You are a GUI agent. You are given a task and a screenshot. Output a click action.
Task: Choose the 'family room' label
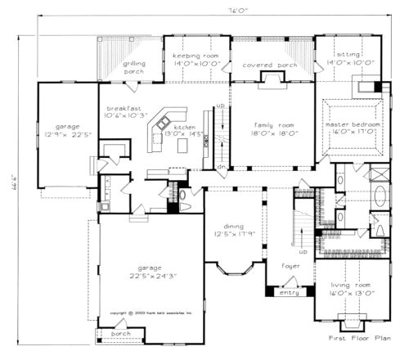coord(272,124)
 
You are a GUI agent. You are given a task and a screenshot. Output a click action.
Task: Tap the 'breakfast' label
coord(122,108)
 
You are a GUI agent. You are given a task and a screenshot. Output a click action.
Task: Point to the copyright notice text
coord(151,313)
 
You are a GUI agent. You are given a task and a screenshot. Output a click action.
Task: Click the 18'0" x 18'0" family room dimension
coord(272,132)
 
